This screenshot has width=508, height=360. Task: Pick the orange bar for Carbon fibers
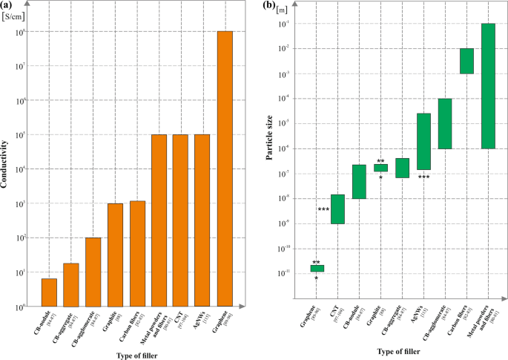pos(136,254)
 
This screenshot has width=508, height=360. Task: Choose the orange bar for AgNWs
pos(202,220)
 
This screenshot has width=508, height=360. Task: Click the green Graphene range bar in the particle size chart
pos(317,269)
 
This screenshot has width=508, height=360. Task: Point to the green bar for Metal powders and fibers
pos(488,86)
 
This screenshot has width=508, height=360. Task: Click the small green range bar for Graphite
pos(380,168)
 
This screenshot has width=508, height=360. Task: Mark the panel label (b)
pos(269,6)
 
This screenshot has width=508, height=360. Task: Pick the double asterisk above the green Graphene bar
pos(316,263)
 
